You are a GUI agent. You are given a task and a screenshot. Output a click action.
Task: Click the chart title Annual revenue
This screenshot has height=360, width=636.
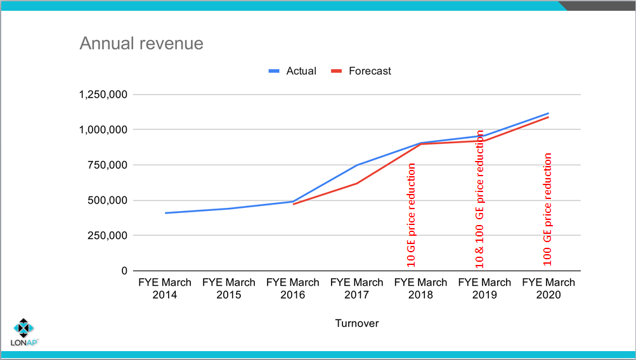[141, 44]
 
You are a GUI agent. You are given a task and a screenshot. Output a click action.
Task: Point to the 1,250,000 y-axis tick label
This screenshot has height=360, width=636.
[103, 94]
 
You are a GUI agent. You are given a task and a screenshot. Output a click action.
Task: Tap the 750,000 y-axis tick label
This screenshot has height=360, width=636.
[108, 165]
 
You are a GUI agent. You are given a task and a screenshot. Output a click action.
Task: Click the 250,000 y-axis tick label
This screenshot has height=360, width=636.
[108, 235]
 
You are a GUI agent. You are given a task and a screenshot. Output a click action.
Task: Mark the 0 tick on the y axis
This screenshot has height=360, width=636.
[124, 271]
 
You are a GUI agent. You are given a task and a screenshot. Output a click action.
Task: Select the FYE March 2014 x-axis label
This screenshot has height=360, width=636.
[165, 288]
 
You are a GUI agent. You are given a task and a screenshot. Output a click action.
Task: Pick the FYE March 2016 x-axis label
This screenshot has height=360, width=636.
[293, 288]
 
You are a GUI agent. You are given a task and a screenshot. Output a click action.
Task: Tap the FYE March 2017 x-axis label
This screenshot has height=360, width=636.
[357, 288]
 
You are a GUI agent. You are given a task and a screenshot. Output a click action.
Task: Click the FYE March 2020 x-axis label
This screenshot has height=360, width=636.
[548, 288]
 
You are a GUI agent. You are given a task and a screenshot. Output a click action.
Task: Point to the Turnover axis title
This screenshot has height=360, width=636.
[357, 323]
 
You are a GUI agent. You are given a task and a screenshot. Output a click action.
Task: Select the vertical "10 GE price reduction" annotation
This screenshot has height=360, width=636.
[412, 215]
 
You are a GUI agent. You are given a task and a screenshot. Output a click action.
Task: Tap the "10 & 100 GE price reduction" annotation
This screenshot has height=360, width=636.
[480, 198]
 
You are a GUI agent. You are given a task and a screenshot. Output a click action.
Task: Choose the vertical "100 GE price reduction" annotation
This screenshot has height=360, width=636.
[548, 209]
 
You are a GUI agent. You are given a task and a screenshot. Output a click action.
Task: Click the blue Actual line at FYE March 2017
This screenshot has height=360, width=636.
[357, 165]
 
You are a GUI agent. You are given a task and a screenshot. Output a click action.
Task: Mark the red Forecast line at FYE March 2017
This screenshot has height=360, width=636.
[357, 183]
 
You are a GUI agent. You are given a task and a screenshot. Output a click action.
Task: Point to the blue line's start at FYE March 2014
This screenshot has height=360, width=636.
[165, 213]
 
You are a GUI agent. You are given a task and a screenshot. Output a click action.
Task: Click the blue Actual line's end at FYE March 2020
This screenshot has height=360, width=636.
[548, 113]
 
